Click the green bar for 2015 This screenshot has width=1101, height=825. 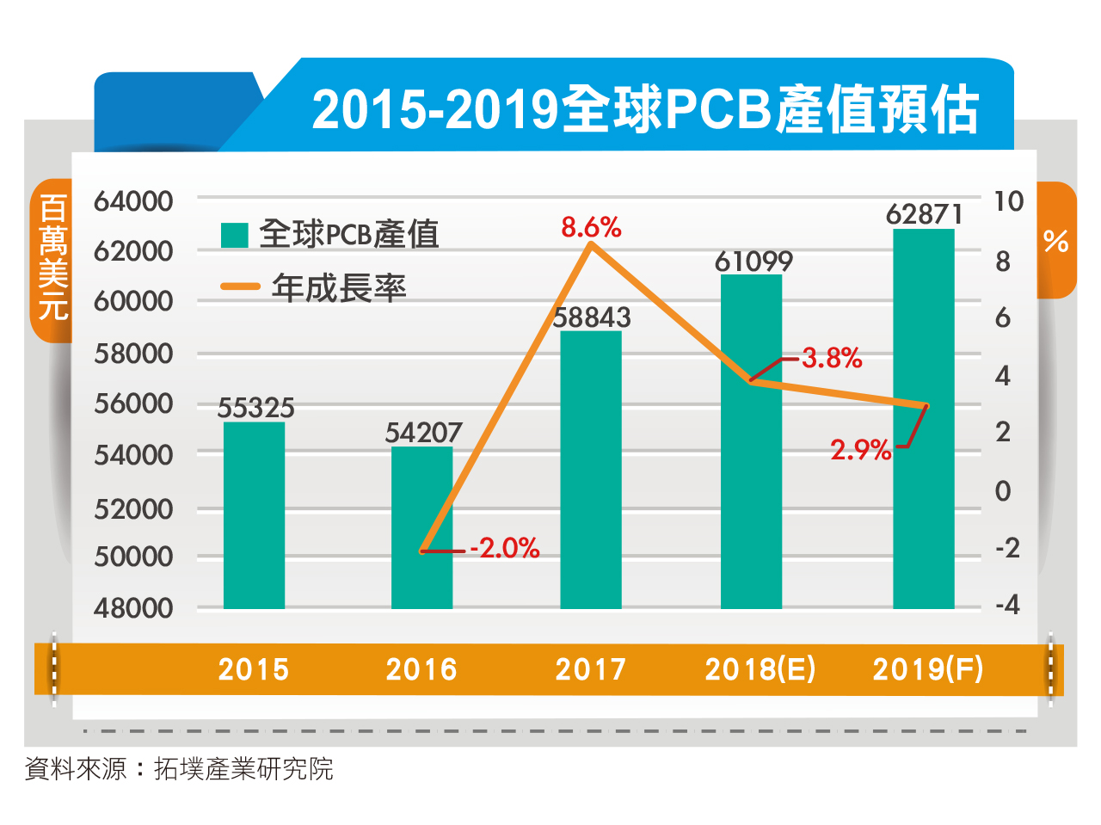pyautogui.click(x=254, y=515)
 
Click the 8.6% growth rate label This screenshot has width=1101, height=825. pyautogui.click(x=591, y=227)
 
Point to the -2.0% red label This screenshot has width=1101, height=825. pyautogui.click(x=505, y=548)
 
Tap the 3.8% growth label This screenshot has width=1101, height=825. pyautogui.click(x=832, y=358)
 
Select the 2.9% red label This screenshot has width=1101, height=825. pyautogui.click(x=860, y=449)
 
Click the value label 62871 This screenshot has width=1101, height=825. pyautogui.click(x=925, y=214)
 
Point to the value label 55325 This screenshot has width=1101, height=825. pyautogui.click(x=255, y=408)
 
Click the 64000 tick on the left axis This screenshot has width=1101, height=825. pyautogui.click(x=133, y=201)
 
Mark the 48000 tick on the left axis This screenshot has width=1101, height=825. pyautogui.click(x=133, y=608)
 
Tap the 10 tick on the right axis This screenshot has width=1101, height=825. pyautogui.click(x=1008, y=201)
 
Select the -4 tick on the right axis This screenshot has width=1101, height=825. pyautogui.click(x=1006, y=605)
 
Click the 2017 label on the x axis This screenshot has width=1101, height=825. pyautogui.click(x=590, y=669)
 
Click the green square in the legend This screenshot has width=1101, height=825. pyautogui.click(x=234, y=235)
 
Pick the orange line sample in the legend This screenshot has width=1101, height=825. pyautogui.click(x=240, y=286)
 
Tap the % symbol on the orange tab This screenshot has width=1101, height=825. pyautogui.click(x=1055, y=241)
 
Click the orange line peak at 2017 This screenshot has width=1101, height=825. pyautogui.click(x=590, y=245)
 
